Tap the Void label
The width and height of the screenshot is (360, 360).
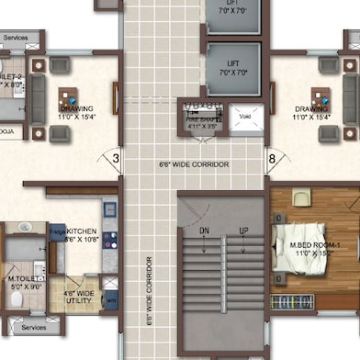[245, 117]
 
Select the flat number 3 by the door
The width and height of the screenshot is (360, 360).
[116, 159]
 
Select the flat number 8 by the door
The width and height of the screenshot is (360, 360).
[272, 159]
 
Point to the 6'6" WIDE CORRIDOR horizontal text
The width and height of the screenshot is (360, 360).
[193, 164]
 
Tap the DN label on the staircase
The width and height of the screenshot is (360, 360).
[204, 231]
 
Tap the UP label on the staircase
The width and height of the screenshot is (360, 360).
[243, 231]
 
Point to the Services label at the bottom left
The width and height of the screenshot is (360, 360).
[33, 326]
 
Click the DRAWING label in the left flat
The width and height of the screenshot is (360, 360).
[77, 113]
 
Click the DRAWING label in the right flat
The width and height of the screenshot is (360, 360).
[311, 113]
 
